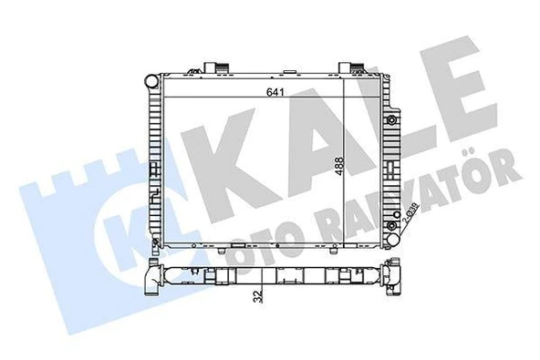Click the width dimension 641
click(x=272, y=90)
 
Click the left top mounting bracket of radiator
click(x=215, y=67)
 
